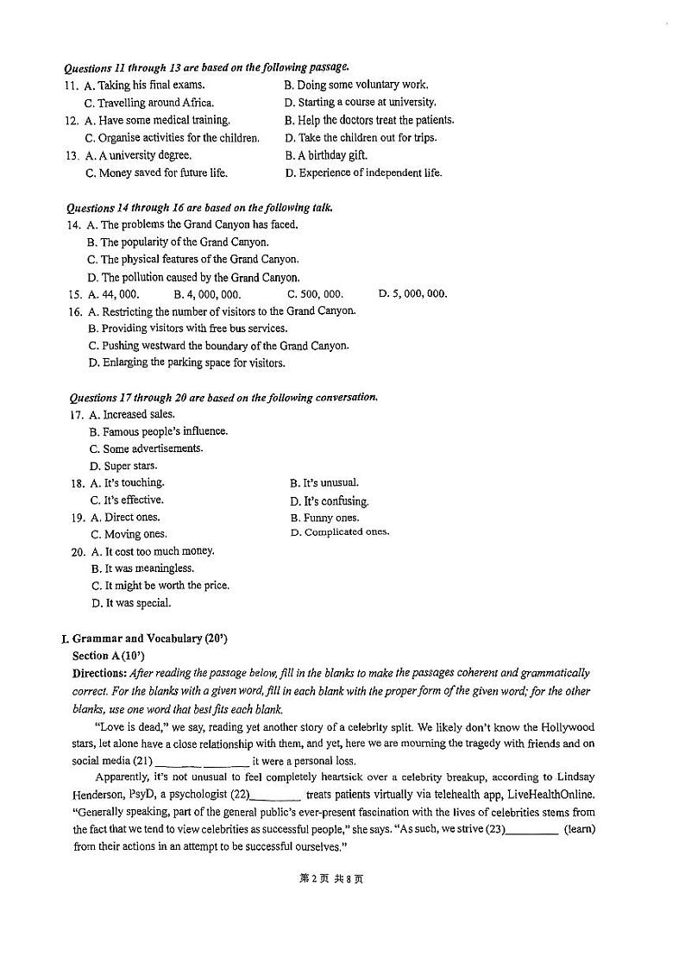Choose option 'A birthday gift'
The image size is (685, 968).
click(332, 155)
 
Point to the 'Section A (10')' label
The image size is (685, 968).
click(109, 656)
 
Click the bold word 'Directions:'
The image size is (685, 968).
click(99, 673)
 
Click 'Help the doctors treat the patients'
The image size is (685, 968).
click(375, 120)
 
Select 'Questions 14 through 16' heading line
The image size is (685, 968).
click(199, 208)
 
